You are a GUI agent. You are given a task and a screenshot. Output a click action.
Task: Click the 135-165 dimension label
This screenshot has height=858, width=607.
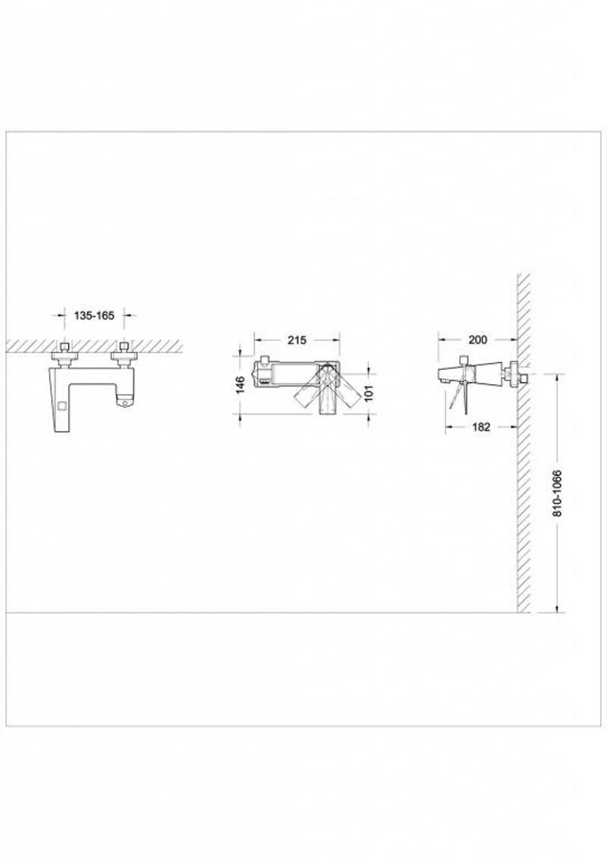point(94,316)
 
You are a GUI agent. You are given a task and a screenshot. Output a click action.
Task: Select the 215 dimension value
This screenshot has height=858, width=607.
point(297,340)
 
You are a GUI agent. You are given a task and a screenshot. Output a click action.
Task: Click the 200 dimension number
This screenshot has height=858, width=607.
point(478,340)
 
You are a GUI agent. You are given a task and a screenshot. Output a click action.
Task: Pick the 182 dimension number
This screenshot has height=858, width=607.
point(481,427)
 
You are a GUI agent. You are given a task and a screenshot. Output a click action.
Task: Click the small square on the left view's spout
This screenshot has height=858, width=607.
point(62,406)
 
